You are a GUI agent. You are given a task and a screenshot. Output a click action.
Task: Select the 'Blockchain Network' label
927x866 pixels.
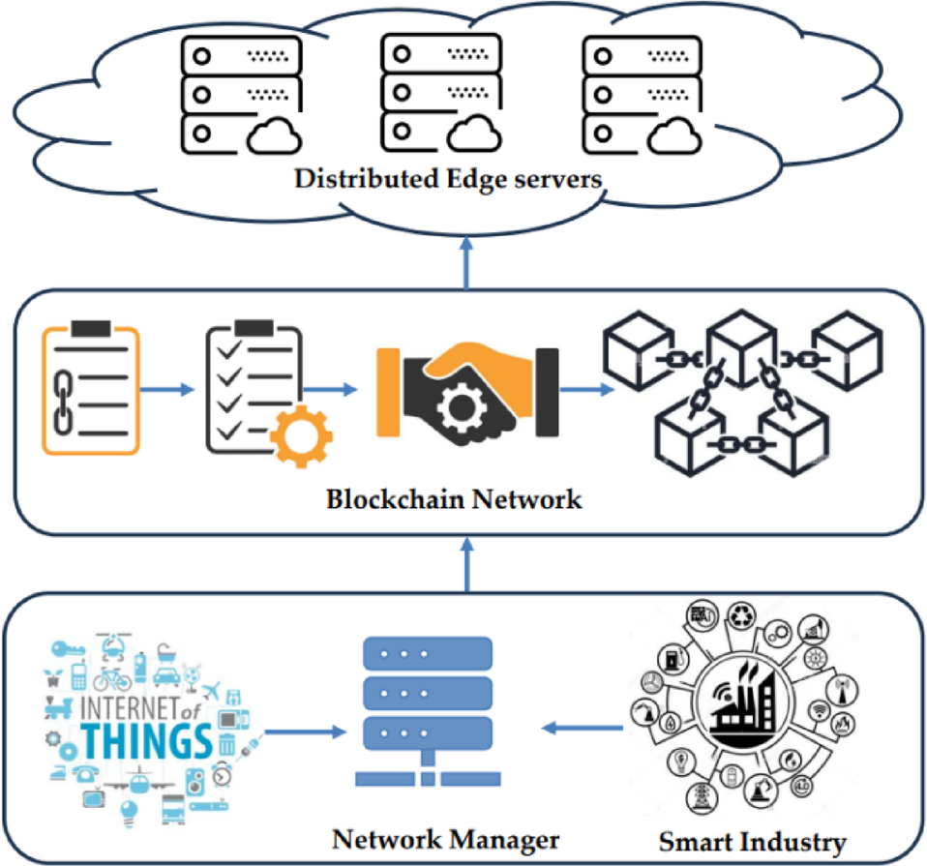[454, 499]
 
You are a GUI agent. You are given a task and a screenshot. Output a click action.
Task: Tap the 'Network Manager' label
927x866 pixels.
[446, 837]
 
